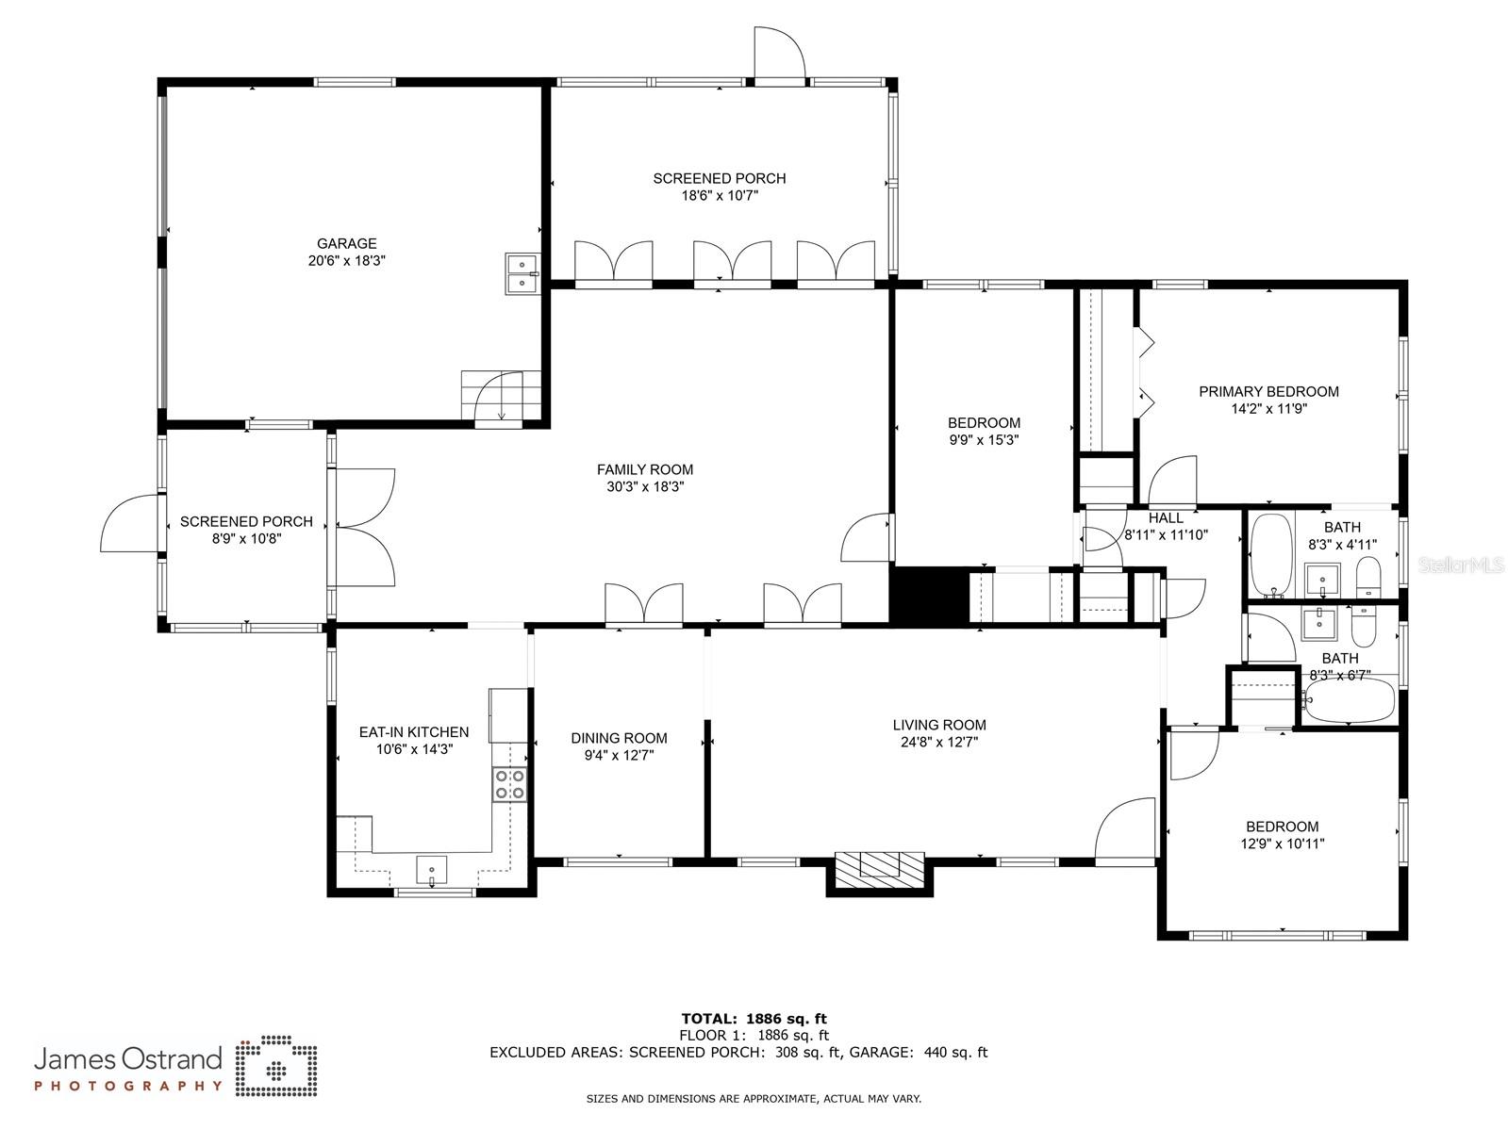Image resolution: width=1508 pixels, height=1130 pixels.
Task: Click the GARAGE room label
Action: tap(346, 243)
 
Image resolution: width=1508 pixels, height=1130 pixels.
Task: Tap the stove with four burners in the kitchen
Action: tap(509, 784)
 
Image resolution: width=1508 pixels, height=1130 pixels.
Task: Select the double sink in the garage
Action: tap(521, 273)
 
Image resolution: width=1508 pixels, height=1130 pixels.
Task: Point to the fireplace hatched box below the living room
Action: tap(879, 864)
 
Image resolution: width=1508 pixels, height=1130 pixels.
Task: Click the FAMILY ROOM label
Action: tap(644, 469)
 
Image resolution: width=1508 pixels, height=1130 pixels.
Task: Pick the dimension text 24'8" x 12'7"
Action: tap(939, 742)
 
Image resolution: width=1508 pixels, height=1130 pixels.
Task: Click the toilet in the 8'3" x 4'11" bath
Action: tap(1367, 577)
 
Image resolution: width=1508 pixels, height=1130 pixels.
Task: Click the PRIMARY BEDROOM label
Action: tap(1268, 391)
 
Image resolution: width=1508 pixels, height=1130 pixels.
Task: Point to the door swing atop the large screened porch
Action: tap(779, 55)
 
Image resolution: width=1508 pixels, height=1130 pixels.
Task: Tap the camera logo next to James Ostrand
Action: tap(275, 1068)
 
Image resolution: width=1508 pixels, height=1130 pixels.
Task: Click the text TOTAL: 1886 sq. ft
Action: tap(754, 1018)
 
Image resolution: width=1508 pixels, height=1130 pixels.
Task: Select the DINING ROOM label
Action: tap(619, 738)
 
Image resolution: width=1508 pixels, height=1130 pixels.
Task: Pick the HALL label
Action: tap(1166, 517)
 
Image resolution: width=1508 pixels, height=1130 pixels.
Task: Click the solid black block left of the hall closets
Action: tap(929, 595)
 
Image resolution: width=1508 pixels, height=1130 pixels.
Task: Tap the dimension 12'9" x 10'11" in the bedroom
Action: tap(1282, 843)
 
